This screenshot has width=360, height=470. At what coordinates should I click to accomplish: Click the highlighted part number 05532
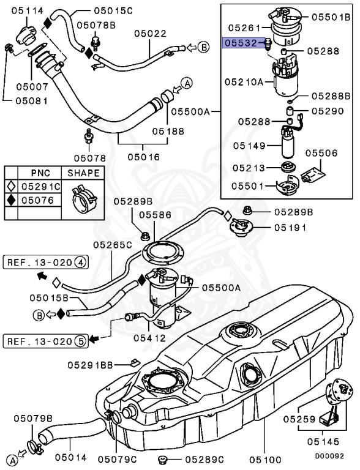pos(241,44)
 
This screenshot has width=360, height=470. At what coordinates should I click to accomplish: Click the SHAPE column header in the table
pos(83,173)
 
